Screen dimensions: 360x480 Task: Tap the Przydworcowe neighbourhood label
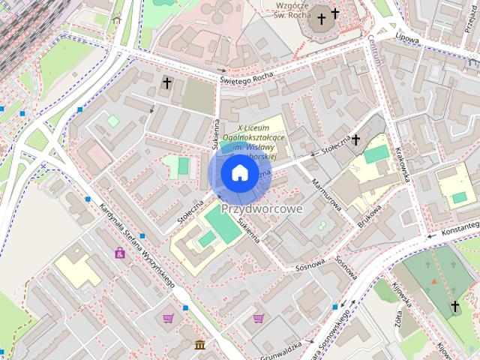point(262,209)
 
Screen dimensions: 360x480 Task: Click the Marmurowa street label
point(326,193)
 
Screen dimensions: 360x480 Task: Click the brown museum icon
point(199,344)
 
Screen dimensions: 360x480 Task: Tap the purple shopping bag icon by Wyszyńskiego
point(120,253)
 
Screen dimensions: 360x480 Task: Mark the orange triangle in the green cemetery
point(433,281)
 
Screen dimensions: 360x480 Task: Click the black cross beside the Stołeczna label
point(356,139)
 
